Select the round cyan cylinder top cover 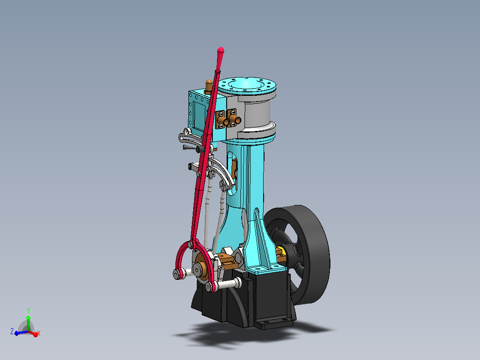click(x=247, y=85)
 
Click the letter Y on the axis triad click(x=28, y=311)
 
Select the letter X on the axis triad click(x=39, y=333)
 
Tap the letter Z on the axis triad click(x=12, y=331)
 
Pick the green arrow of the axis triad click(x=28, y=323)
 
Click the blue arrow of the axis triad click(x=20, y=332)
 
